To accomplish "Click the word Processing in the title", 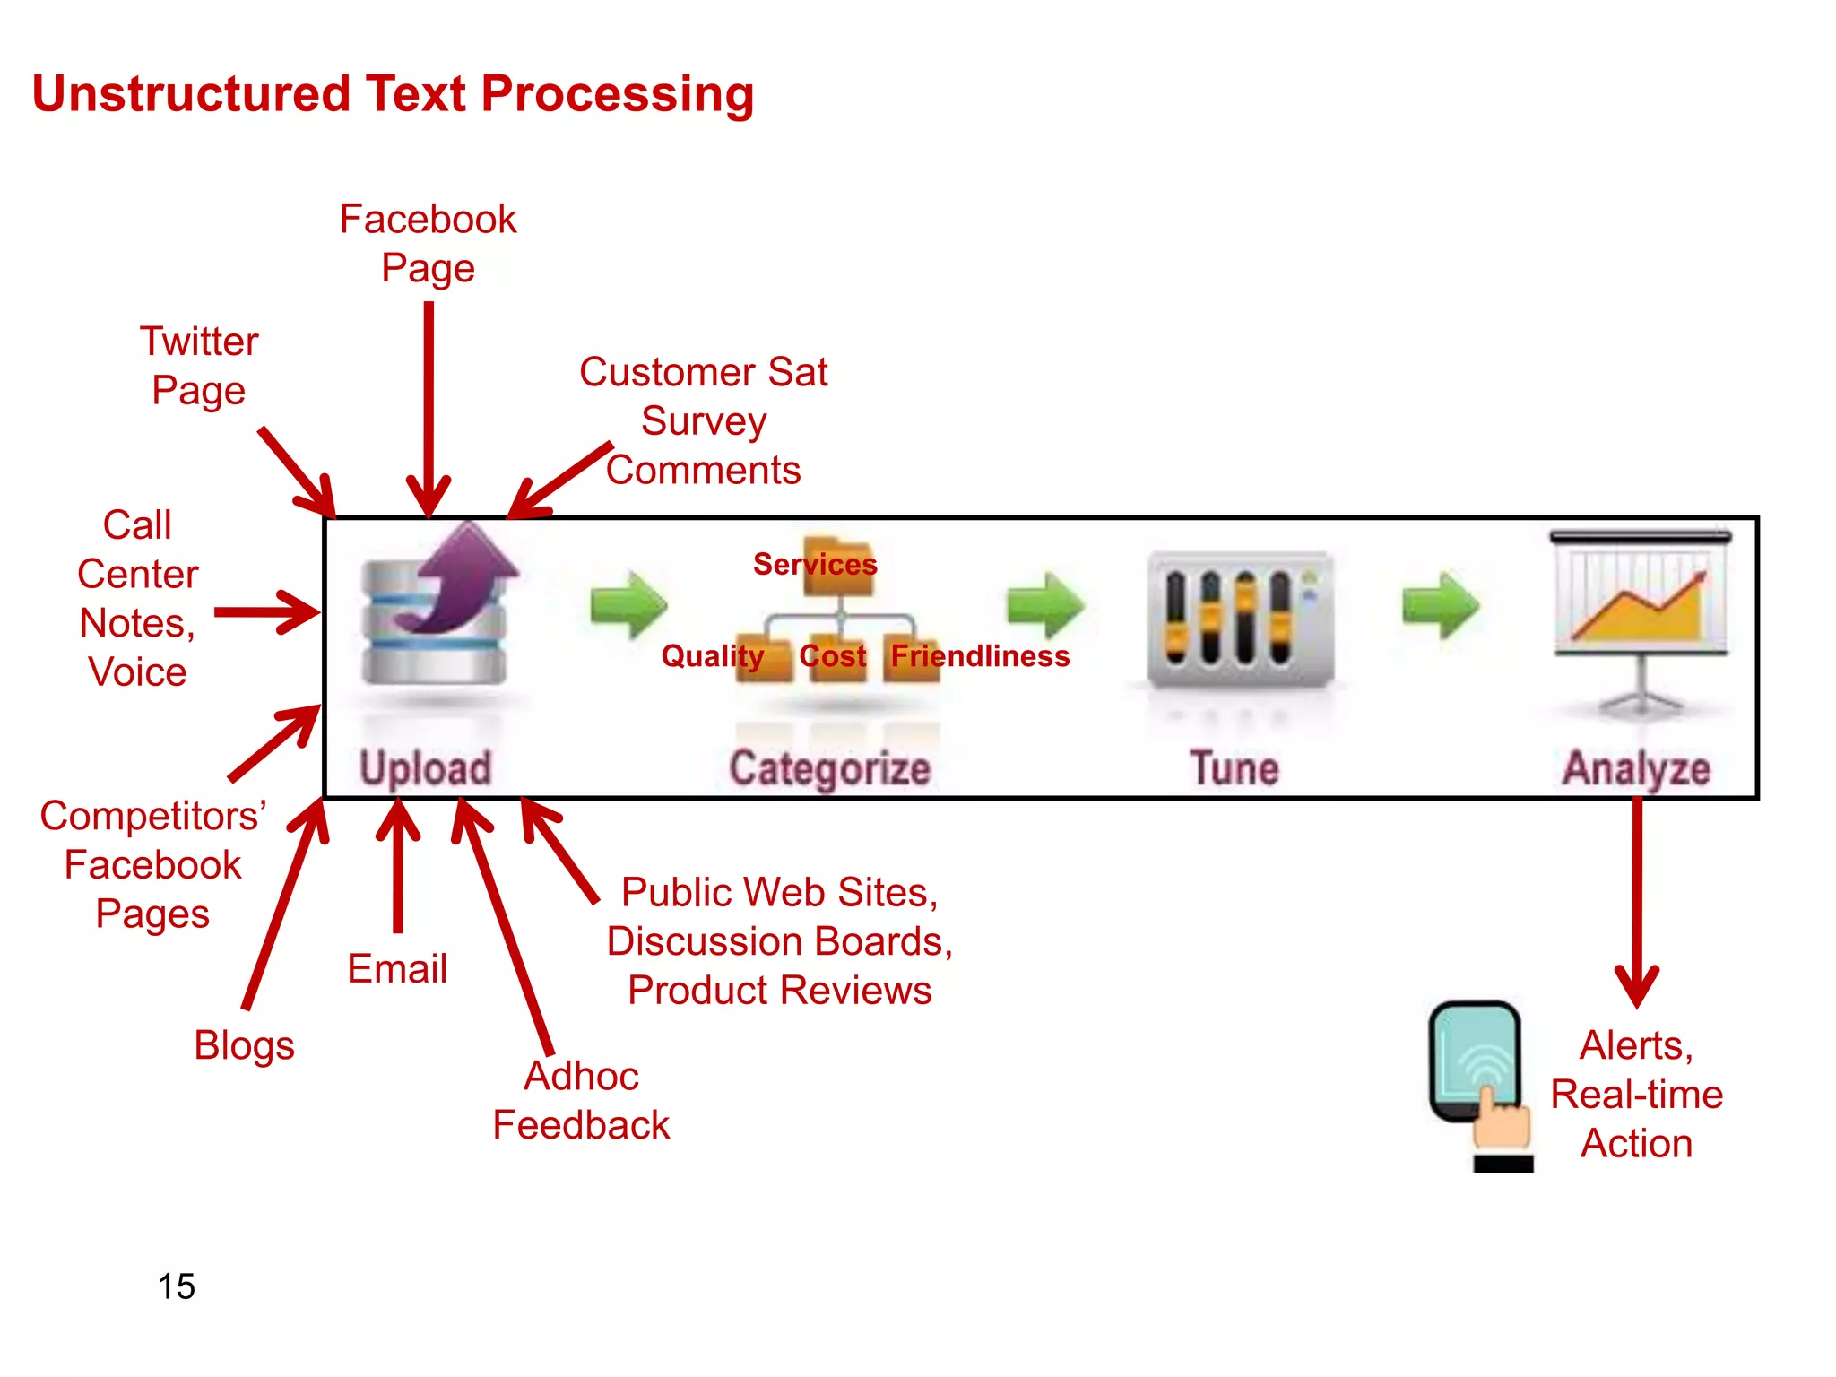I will click(x=617, y=95).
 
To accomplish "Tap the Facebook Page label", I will click(x=428, y=243).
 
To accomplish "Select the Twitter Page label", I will click(x=199, y=366).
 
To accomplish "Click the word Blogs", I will click(x=244, y=1045).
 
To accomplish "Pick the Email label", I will click(x=397, y=969).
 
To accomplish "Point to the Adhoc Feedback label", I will click(x=581, y=1100).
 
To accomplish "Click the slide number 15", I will click(x=177, y=1286).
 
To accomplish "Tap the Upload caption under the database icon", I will click(x=426, y=768).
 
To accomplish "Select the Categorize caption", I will click(x=829, y=769).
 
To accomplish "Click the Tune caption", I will click(x=1234, y=768).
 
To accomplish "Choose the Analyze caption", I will click(x=1636, y=769).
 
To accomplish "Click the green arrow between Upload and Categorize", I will click(x=628, y=605).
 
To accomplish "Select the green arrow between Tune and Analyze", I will click(x=1441, y=605).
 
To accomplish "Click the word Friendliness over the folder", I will click(x=980, y=656).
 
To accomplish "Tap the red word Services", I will click(x=814, y=564).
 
